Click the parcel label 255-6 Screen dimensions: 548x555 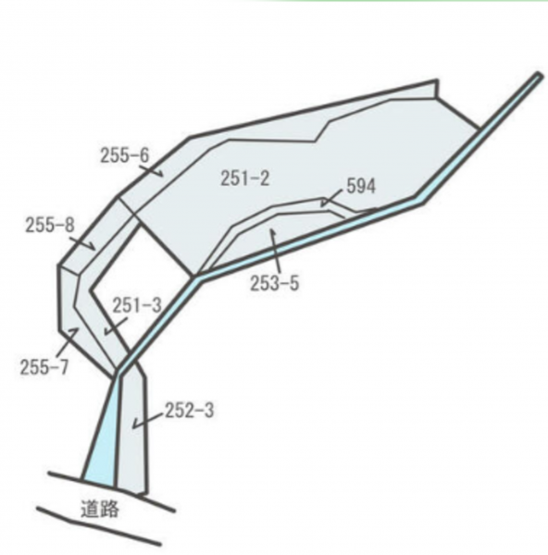pyautogui.click(x=125, y=155)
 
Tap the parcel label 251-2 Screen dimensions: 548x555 pyautogui.click(x=244, y=178)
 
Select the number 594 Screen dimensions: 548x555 pyautogui.click(x=361, y=186)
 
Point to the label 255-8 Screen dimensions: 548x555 pyautogui.click(x=50, y=225)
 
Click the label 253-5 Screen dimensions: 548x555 pyautogui.click(x=275, y=283)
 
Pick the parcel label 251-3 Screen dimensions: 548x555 pyautogui.click(x=137, y=305)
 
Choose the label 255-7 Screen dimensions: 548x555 pyautogui.click(x=44, y=366)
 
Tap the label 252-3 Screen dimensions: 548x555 pyautogui.click(x=189, y=411)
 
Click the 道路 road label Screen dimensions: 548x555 pyautogui.click(x=100, y=509)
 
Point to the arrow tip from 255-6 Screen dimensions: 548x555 pyautogui.click(x=163, y=175)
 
